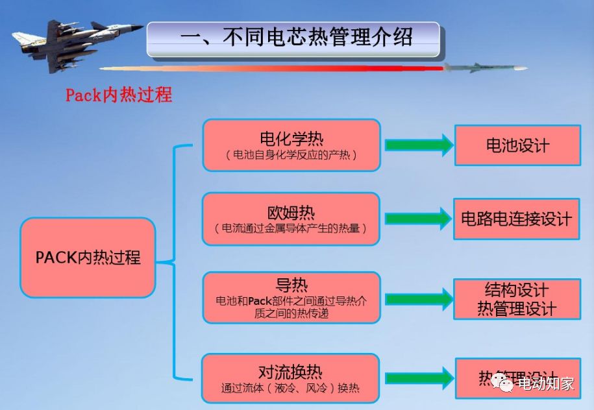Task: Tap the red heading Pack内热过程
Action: tap(119, 95)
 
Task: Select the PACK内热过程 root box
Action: tap(88, 257)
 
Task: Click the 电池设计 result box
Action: tap(517, 145)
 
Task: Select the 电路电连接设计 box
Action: tap(517, 219)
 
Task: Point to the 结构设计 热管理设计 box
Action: tap(517, 299)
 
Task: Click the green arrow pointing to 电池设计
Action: tap(418, 145)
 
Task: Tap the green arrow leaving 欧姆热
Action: tap(418, 219)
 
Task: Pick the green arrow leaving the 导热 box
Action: tap(418, 299)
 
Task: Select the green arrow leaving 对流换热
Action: tap(418, 378)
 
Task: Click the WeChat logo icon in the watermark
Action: tap(502, 383)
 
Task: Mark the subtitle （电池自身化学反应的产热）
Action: tap(291, 156)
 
